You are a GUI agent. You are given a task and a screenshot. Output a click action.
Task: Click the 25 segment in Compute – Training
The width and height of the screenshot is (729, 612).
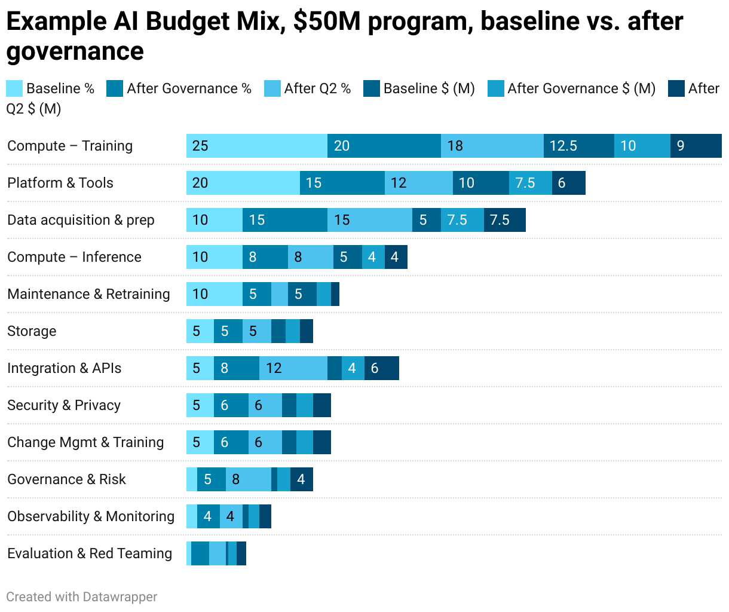pos(257,146)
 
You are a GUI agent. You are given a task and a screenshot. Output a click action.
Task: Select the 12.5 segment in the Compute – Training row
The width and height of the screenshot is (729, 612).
pos(578,146)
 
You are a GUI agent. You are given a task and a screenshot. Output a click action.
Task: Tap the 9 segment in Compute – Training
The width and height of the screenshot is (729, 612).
pos(696,146)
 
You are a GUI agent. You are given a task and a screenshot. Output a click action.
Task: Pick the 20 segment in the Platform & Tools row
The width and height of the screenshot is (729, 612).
pos(243,183)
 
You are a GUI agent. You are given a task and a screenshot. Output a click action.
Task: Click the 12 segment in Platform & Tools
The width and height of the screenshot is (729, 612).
pos(418,183)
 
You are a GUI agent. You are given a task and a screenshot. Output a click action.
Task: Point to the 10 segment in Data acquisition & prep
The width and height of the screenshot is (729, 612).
pos(214,220)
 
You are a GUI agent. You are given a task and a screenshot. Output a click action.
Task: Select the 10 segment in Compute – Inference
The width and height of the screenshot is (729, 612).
pos(214,257)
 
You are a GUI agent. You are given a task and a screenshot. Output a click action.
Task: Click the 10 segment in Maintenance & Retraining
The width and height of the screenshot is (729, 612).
pos(214,294)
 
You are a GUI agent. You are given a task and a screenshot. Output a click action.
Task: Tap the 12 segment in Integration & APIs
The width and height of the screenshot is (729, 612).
pos(293,368)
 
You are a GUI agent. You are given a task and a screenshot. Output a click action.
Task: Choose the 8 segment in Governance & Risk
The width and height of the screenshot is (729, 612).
pos(248,479)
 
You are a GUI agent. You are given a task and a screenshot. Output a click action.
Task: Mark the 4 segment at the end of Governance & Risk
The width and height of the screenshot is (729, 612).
pos(301,479)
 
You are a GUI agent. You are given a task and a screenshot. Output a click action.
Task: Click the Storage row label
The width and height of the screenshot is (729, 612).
pos(32,331)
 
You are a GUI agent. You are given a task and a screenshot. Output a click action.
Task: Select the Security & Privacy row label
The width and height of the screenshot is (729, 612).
pos(64,405)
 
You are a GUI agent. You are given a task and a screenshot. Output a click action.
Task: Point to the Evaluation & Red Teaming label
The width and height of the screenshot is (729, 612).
pos(90,553)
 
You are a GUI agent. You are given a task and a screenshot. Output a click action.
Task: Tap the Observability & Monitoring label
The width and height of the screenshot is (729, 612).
pos(91,516)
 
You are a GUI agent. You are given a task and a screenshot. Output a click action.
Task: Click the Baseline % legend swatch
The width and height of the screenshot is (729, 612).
pos(14,88)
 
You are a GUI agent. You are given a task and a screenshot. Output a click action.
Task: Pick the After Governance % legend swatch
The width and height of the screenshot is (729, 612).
pos(115,88)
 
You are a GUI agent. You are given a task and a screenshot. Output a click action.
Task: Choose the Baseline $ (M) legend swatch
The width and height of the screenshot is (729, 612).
pos(372,88)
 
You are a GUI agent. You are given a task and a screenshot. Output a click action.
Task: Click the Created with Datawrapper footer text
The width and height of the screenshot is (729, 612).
pos(82,596)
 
